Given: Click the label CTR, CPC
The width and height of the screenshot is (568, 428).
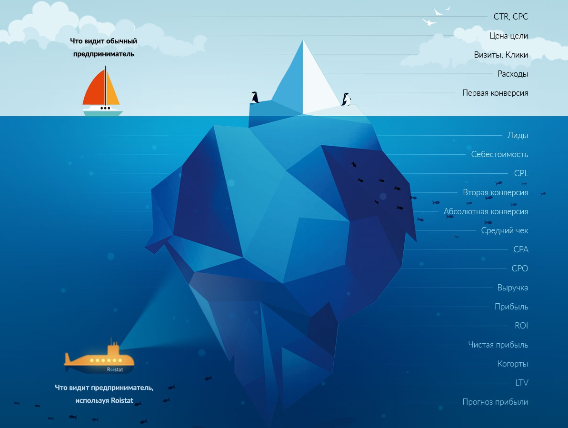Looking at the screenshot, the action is [510, 17].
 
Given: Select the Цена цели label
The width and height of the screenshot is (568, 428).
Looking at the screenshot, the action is [508, 36].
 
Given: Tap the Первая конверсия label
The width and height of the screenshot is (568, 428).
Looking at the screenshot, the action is [495, 93].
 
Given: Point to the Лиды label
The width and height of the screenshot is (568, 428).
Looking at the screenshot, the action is [518, 135].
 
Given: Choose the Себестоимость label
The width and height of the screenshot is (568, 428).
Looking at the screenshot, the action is [499, 154].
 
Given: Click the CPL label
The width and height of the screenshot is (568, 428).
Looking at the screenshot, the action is [521, 173].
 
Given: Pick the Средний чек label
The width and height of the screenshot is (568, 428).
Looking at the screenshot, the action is [504, 230].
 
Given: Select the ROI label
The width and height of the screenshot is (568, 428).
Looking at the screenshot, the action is [521, 326].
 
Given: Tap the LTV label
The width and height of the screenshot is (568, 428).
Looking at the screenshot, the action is [521, 383].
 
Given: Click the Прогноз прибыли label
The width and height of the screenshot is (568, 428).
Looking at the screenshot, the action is [495, 402].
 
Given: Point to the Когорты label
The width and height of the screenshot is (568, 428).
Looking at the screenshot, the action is [513, 364].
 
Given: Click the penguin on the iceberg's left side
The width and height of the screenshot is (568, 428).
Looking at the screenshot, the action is [255, 97].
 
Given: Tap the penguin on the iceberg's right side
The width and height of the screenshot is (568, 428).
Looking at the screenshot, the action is [346, 99].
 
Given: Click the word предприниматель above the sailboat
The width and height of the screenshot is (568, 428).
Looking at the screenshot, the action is [103, 54].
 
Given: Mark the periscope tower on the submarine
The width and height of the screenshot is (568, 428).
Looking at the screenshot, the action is [114, 349].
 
